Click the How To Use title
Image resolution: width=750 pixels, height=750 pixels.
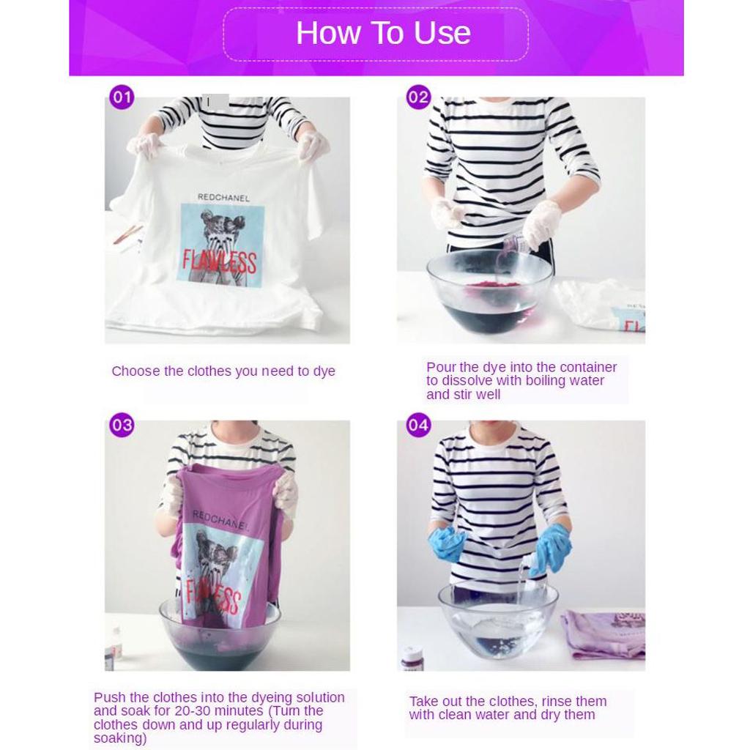pyautogui.click(x=382, y=33)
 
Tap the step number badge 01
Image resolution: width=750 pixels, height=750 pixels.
pyautogui.click(x=122, y=97)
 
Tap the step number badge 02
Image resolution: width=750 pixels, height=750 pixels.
pyautogui.click(x=418, y=97)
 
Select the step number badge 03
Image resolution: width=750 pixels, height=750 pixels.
pyautogui.click(x=122, y=425)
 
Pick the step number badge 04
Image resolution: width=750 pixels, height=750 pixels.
pyautogui.click(x=418, y=425)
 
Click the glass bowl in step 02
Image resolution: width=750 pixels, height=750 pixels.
pyautogui.click(x=489, y=293)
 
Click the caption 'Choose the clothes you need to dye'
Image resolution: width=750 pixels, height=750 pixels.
pyautogui.click(x=223, y=371)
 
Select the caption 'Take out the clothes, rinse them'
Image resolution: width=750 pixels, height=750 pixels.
pyautogui.click(x=508, y=702)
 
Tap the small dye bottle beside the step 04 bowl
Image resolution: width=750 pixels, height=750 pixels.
pyautogui.click(x=412, y=658)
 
